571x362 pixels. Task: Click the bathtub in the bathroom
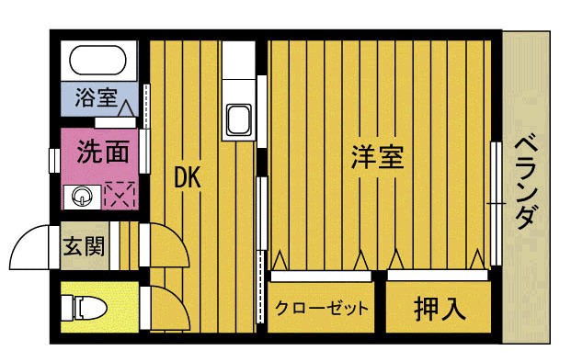pos(98,61)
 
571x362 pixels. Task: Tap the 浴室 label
pos(96,97)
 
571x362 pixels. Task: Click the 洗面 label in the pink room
pos(103,152)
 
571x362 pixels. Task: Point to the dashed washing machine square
pos(120,195)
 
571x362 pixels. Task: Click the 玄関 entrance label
pos(84,246)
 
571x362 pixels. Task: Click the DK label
pos(188,177)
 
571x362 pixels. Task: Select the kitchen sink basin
pos(239,119)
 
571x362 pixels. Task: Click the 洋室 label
pos(377,157)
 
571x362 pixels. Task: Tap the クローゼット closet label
pos(322,309)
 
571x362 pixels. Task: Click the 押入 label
pos(440,309)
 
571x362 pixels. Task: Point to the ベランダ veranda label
pos(526,183)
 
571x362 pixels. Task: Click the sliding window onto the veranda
pos(496,203)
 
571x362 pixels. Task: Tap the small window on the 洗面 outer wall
pos(54,160)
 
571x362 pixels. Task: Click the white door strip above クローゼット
pos(321,276)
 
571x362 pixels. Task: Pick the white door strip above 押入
pos(438,275)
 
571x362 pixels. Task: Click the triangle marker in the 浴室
pos(126,108)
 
